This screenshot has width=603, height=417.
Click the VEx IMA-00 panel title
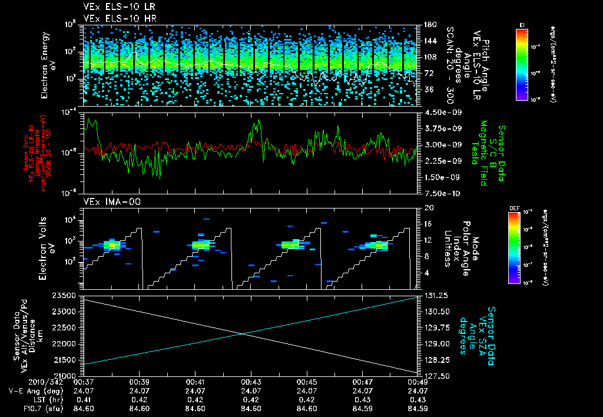pos(107,201)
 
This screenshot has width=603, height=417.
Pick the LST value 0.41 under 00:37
pos(82,399)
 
